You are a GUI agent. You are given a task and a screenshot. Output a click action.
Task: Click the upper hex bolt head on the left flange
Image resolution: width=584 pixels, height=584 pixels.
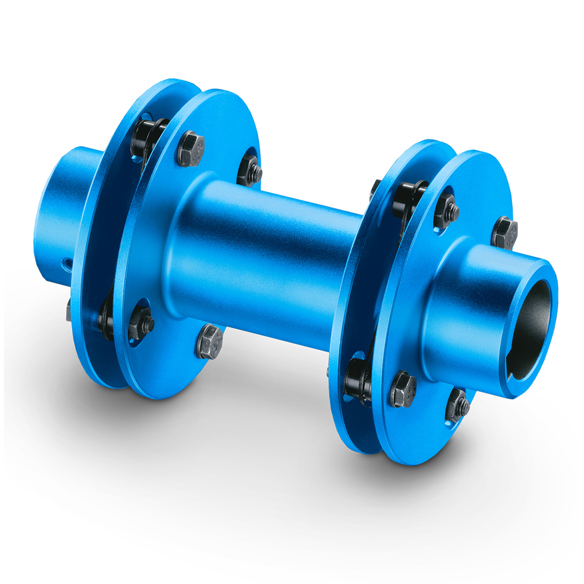(x=191, y=148)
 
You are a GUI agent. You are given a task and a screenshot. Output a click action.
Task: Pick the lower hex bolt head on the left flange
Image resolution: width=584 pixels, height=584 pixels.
(x=210, y=341)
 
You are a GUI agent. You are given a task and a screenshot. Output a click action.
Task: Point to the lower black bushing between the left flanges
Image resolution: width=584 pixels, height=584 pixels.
(x=105, y=319)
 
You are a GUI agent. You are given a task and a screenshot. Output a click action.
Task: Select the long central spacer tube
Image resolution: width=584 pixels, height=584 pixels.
(x=273, y=253)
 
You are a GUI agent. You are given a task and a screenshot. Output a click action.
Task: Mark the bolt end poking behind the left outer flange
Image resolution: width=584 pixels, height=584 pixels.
(x=69, y=310)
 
